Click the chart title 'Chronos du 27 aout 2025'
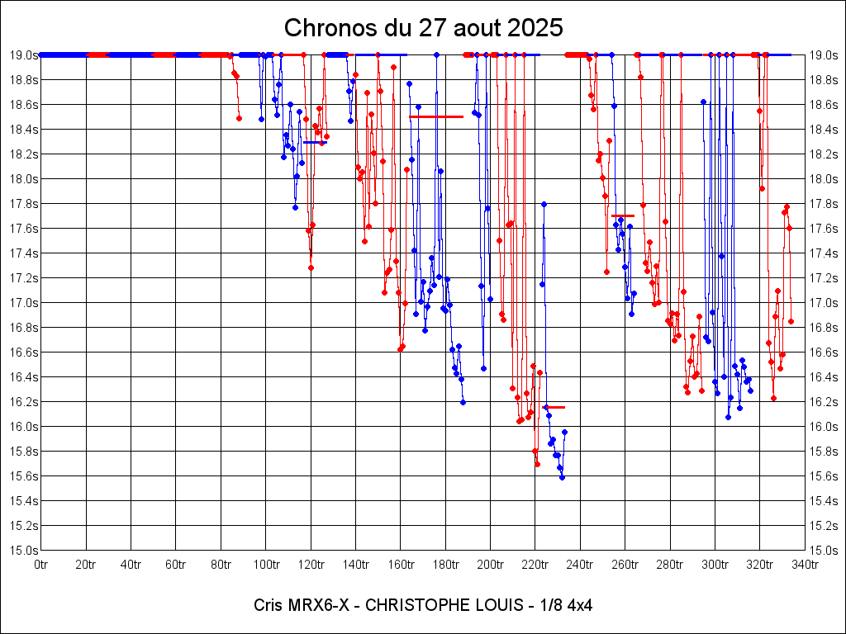(423, 27)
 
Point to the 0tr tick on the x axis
(41, 564)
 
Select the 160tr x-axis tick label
(400, 564)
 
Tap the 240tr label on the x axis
(580, 564)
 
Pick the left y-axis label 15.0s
(23, 550)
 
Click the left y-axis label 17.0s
(23, 302)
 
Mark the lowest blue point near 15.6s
(562, 477)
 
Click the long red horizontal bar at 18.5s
(436, 116)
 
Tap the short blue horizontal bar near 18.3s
(315, 142)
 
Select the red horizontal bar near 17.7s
(623, 215)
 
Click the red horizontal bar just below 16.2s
(554, 407)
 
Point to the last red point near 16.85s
(791, 321)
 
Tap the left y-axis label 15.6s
(23, 475)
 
